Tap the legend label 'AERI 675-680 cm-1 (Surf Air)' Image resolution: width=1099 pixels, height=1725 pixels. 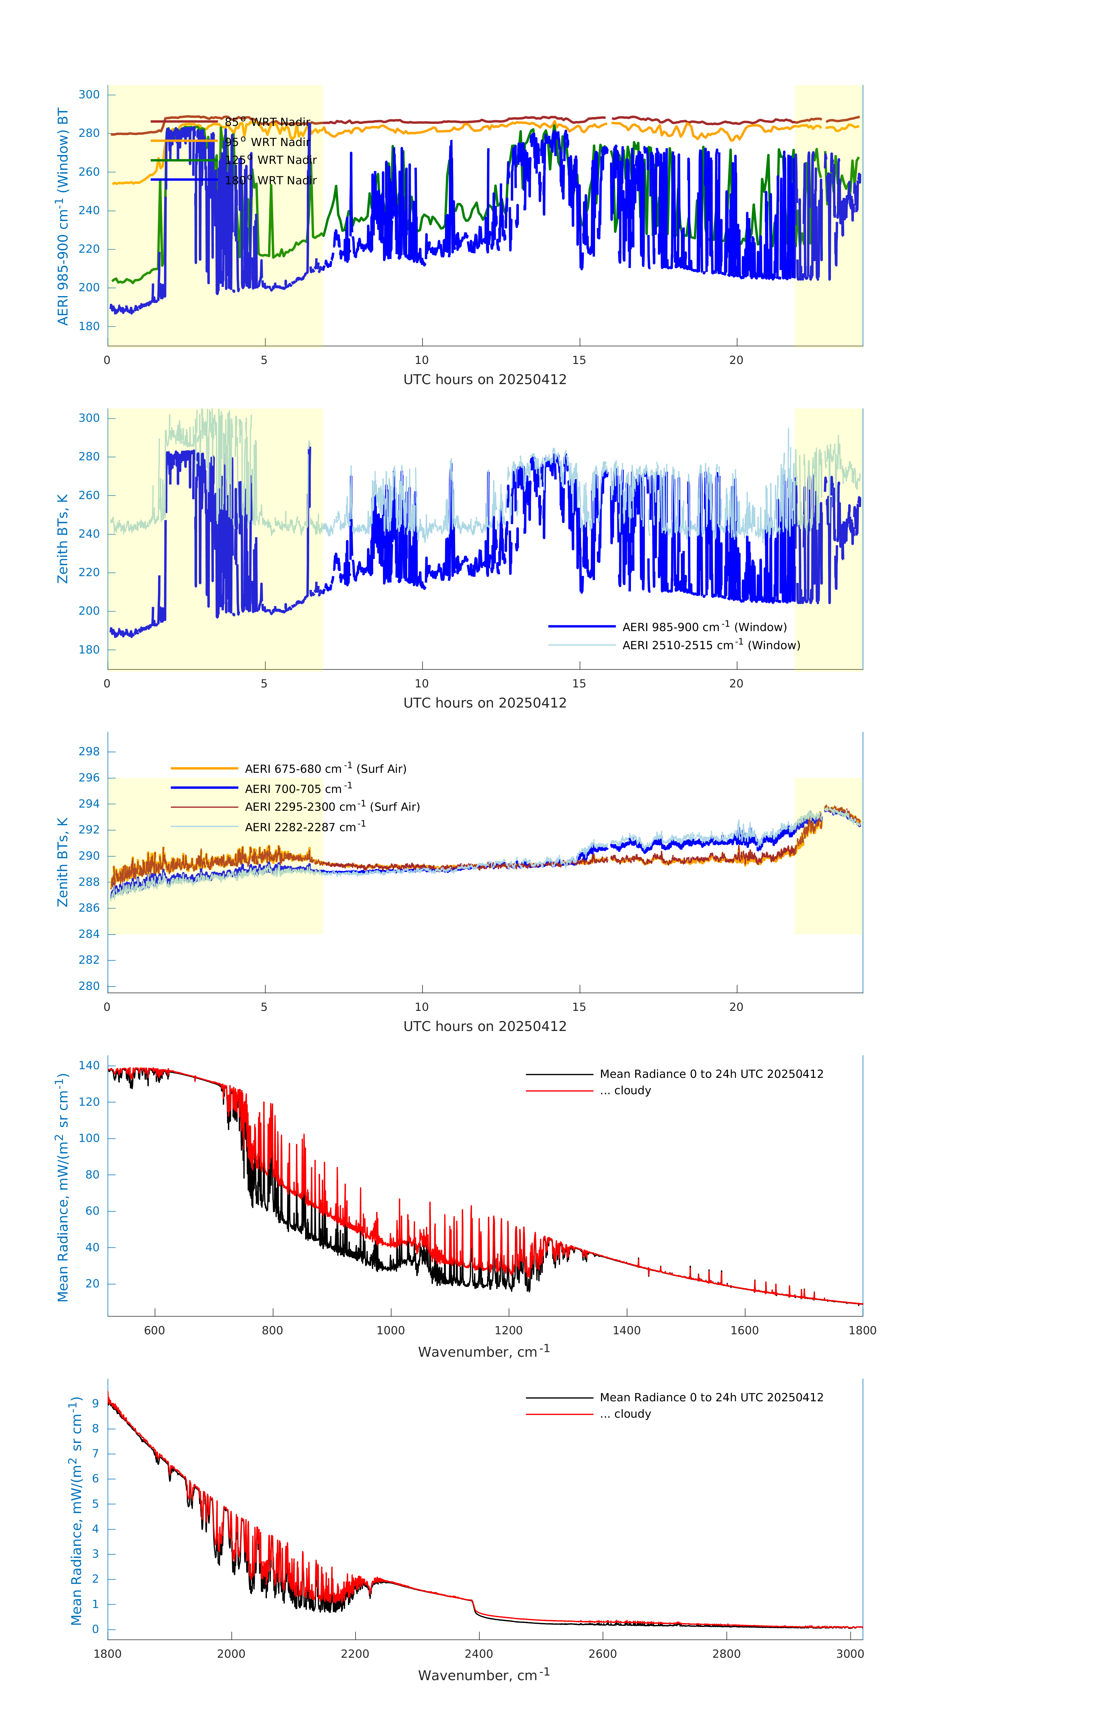tap(325, 769)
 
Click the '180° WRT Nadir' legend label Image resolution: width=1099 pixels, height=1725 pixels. tap(270, 181)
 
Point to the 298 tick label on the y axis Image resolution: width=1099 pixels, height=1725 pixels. tap(89, 752)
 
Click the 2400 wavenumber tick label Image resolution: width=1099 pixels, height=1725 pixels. tap(478, 1654)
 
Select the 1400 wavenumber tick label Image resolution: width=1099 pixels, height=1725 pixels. tap(626, 1330)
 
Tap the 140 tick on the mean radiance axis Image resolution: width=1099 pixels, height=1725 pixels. tap(89, 1065)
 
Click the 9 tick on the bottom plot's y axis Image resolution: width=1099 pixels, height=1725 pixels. tap(95, 1403)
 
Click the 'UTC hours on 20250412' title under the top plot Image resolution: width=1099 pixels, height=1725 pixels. tap(485, 380)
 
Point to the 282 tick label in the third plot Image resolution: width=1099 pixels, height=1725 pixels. tap(89, 960)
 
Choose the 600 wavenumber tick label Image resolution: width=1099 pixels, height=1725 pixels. tap(155, 1330)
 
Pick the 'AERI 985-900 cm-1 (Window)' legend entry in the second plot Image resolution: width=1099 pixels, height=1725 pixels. tap(704, 627)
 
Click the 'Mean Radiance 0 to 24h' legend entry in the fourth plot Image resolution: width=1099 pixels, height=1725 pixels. tap(711, 1074)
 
